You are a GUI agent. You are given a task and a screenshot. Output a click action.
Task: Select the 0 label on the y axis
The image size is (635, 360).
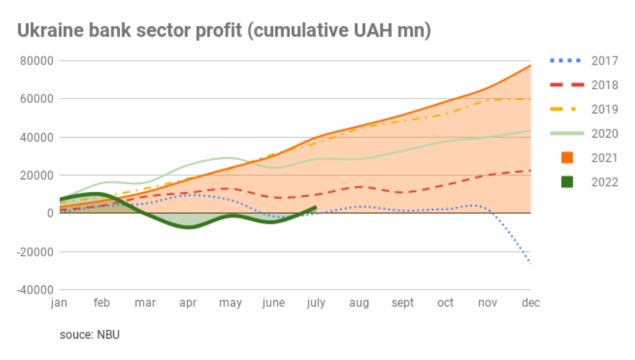(50, 213)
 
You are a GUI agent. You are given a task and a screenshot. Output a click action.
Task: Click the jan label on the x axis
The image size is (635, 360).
(59, 303)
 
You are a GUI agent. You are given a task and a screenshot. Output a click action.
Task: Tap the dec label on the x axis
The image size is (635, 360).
(530, 303)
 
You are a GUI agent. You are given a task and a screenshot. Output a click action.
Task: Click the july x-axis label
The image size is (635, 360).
(315, 303)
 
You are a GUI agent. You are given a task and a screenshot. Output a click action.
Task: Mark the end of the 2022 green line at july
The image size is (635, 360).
(315, 208)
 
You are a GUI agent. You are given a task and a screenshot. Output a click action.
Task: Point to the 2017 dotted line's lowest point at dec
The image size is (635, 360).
(530, 263)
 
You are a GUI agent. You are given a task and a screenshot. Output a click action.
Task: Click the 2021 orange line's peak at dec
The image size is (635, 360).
(530, 66)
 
